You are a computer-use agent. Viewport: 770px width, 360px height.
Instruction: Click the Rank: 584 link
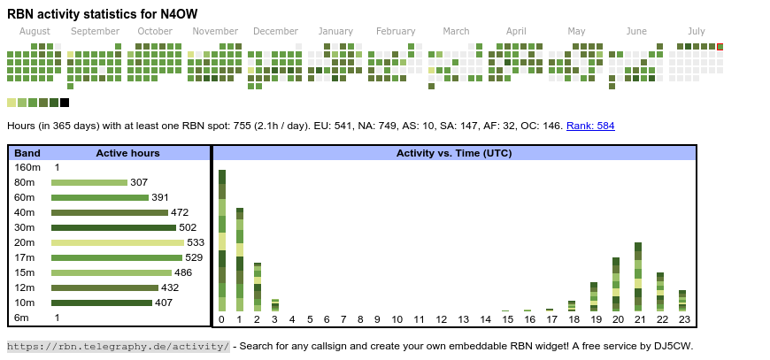tap(590, 126)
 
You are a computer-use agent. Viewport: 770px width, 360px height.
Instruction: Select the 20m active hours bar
tap(118, 242)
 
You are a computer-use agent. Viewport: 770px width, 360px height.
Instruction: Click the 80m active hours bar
tap(89, 182)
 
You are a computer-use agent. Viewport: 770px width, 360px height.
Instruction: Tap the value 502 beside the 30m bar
tap(188, 227)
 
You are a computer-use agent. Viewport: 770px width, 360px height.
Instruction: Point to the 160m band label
tap(27, 167)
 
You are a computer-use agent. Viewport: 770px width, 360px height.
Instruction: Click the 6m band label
tap(21, 318)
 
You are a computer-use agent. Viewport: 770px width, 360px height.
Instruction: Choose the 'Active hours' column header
tap(127, 153)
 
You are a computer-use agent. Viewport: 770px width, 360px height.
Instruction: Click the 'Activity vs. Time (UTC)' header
tap(454, 153)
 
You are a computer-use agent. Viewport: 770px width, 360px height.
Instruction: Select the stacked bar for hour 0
tap(222, 240)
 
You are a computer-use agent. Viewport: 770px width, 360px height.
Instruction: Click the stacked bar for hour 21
tap(638, 276)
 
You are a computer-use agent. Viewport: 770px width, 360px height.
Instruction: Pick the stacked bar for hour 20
tap(616, 284)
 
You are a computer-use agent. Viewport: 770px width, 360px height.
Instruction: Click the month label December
tap(275, 31)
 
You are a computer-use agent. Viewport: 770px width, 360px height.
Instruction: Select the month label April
tap(516, 31)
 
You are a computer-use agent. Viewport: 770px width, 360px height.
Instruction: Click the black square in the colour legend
tap(65, 103)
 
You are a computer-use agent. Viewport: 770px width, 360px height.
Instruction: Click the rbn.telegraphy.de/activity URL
tap(118, 346)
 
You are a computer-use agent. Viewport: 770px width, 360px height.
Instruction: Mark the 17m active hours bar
tap(116, 257)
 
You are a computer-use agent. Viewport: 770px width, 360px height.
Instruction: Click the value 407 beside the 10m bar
tap(164, 303)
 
